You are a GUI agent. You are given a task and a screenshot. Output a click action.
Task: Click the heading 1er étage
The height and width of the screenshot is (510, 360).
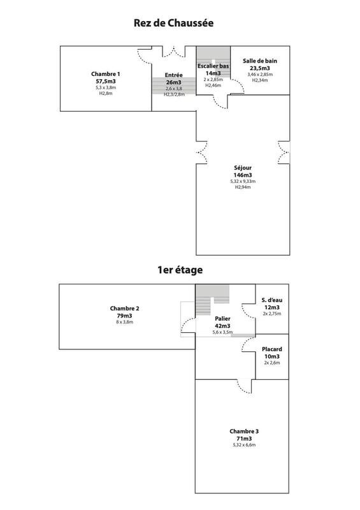[x=180, y=270]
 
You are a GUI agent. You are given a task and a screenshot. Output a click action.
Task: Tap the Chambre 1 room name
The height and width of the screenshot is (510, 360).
[x=105, y=74]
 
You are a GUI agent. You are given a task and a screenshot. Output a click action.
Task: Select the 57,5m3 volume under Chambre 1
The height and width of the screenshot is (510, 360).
[x=105, y=81]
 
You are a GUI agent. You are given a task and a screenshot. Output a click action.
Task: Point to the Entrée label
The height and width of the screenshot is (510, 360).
[x=173, y=75]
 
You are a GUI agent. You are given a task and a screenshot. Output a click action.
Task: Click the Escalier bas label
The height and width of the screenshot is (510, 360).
[x=212, y=66]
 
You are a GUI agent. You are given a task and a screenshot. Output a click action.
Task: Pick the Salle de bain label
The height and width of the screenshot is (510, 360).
[x=260, y=61]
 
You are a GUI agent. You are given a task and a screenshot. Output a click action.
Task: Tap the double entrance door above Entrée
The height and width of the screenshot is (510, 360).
[x=173, y=50]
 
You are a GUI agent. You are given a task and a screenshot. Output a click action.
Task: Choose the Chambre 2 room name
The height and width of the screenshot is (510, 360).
[x=124, y=309]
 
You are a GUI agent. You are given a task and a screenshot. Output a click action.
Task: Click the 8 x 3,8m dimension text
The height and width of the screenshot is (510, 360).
[x=124, y=322]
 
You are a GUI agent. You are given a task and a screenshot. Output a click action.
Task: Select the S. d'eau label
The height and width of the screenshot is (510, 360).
[x=272, y=300]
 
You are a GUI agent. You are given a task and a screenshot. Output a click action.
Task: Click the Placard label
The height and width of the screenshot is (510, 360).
[x=272, y=349]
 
